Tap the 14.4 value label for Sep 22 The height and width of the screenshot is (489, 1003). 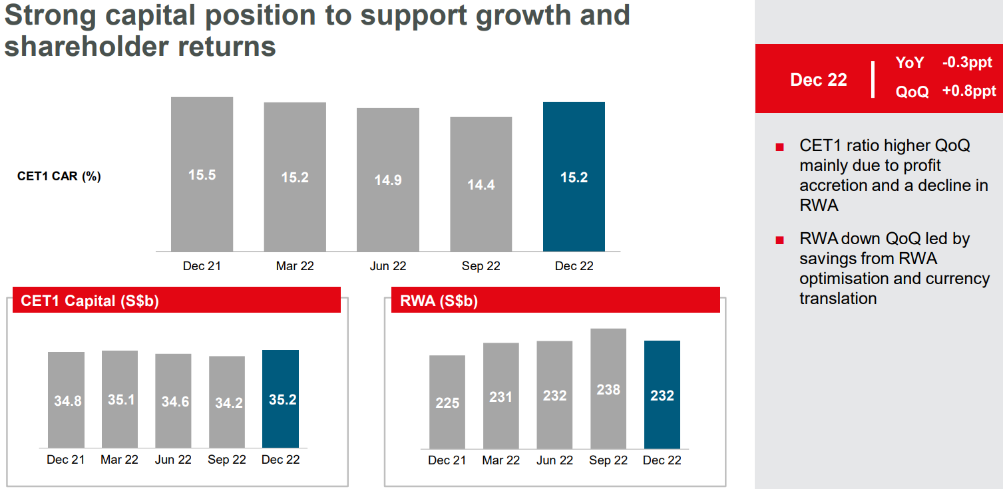pyautogui.click(x=481, y=184)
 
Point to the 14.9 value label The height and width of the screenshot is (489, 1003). pyautogui.click(x=387, y=180)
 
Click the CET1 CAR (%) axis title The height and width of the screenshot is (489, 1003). pyautogui.click(x=59, y=176)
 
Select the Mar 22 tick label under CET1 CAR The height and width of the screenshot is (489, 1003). pyautogui.click(x=295, y=266)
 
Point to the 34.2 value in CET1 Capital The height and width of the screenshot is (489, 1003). pyautogui.click(x=228, y=403)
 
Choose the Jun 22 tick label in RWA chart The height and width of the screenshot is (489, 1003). pyautogui.click(x=554, y=460)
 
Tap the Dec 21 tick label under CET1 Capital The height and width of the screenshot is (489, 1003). pyautogui.click(x=65, y=460)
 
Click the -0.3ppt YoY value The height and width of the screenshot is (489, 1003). pyautogui.click(x=969, y=63)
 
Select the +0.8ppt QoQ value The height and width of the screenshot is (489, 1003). pyautogui.click(x=969, y=91)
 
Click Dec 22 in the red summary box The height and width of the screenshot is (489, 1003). pyautogui.click(x=818, y=80)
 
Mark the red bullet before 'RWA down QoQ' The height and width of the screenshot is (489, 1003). pyautogui.click(x=779, y=240)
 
